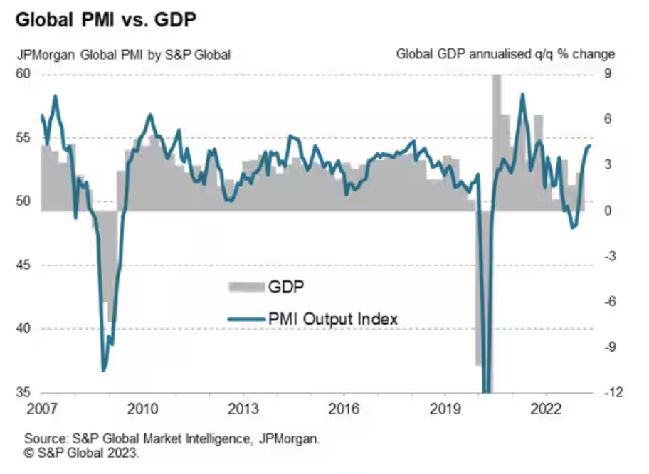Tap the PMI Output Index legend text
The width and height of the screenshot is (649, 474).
[x=332, y=318]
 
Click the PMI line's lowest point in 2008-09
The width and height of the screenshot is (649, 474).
[x=104, y=370]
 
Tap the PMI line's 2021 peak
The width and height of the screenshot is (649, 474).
[x=522, y=94]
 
